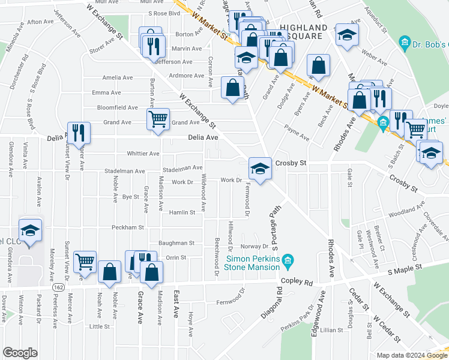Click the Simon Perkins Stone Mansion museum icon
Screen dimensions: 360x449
point(288,260)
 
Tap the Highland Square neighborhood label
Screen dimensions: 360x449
point(304,32)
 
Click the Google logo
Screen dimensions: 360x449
point(20,353)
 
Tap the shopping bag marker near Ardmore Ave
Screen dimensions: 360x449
point(232,87)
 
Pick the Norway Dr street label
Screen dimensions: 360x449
point(255,246)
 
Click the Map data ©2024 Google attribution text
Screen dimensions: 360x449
point(411,355)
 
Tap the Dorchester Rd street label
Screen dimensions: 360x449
point(23,73)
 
